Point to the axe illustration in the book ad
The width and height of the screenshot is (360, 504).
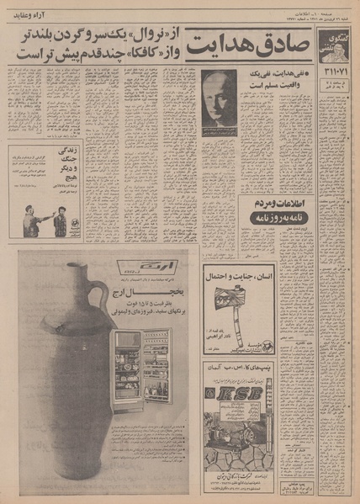click(x=227, y=300)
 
